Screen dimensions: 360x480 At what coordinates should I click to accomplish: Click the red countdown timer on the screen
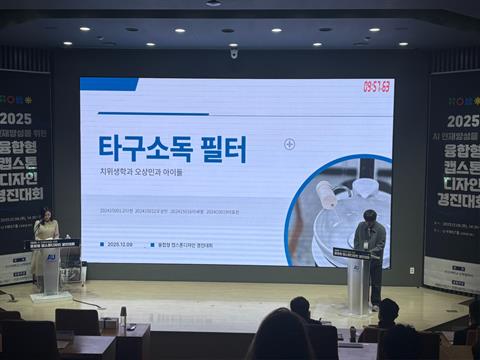point(376,87)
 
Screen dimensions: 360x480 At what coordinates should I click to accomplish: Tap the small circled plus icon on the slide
point(289,144)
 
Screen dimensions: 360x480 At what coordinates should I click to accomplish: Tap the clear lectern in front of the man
point(355,281)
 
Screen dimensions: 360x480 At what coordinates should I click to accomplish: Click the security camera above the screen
point(234,53)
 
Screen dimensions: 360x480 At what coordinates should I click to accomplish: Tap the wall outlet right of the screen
point(410,269)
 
